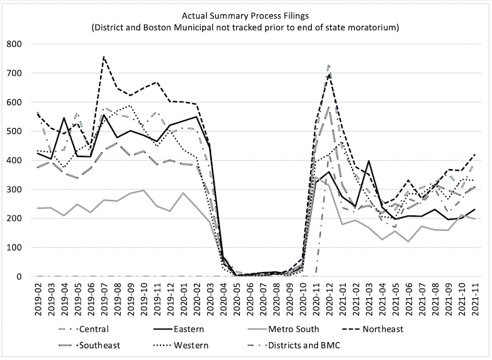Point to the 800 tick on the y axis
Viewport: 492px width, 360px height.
(13, 44)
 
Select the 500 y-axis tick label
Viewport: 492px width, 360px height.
(13, 132)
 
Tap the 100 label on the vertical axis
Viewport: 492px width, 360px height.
(13, 248)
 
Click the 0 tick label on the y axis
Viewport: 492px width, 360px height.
(18, 277)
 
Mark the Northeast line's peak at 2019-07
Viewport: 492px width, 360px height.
(104, 57)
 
